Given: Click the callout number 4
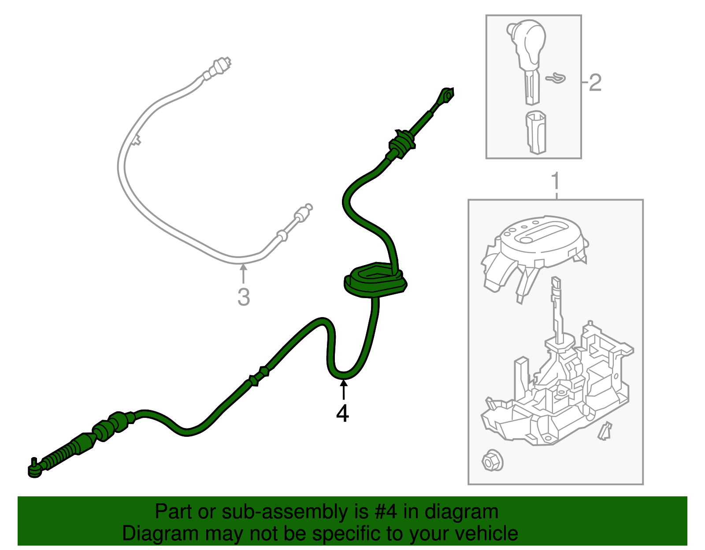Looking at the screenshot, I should [x=342, y=413].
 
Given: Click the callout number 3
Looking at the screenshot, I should [x=243, y=297].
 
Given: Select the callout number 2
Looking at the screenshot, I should [x=595, y=82].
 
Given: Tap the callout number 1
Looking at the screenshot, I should [x=555, y=181].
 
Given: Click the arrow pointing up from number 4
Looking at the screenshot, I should [x=343, y=390].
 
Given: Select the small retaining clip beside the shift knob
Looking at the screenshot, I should [x=556, y=78].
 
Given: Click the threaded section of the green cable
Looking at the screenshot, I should [x=59, y=457].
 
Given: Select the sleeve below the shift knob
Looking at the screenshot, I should [x=536, y=132].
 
